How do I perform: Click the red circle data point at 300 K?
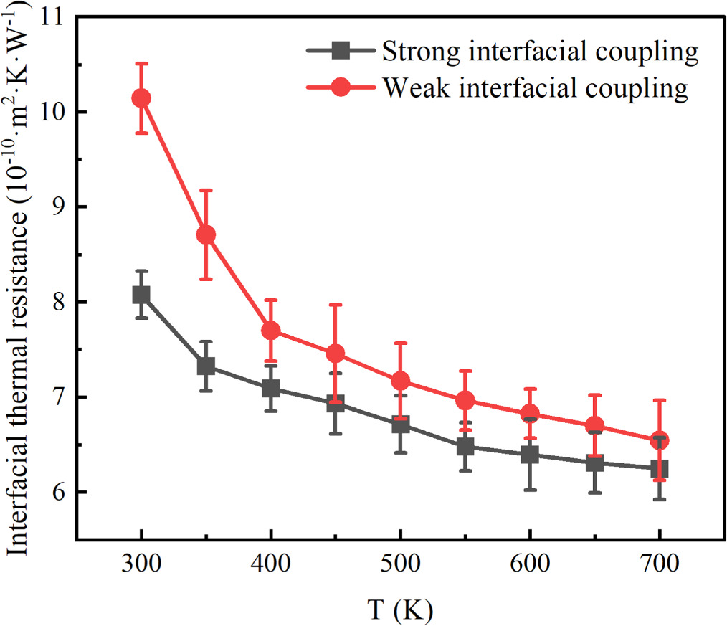coord(141,98)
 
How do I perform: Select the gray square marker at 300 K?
coord(141,295)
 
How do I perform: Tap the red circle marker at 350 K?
coord(206,235)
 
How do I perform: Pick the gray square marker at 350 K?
coord(206,366)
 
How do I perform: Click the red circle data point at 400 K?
coord(271,331)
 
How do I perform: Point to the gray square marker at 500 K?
coord(401,425)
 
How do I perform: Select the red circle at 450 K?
coord(336,353)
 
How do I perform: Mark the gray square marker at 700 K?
coord(659,469)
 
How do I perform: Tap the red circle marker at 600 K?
coord(530,413)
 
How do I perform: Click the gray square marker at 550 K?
coord(465,447)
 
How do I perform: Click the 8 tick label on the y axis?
coord(54,302)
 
